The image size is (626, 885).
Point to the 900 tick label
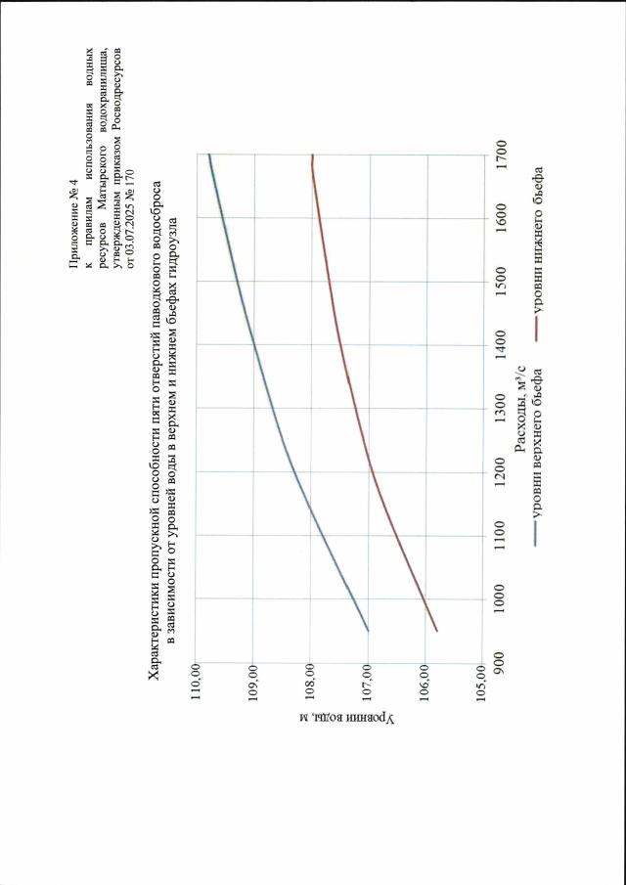tap(501, 661)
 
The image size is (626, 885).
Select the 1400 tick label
tap(501, 344)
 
